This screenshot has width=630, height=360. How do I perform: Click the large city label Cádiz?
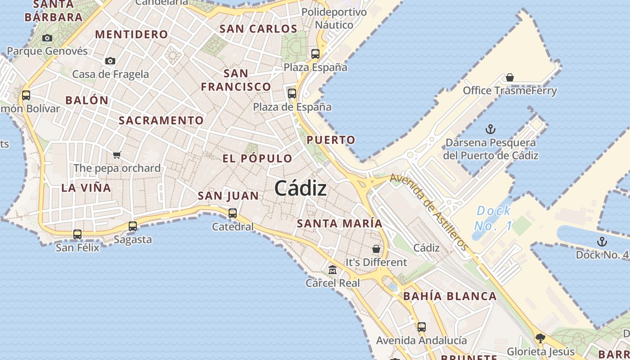(x=301, y=188)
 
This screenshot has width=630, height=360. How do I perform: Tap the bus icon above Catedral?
(x=233, y=213)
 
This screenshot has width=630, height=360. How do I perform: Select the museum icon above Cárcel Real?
(x=333, y=270)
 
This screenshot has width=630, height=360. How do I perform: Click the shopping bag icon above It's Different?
(x=376, y=249)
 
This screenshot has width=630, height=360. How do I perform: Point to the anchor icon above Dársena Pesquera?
(x=490, y=130)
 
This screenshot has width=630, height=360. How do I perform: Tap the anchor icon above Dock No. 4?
(x=602, y=242)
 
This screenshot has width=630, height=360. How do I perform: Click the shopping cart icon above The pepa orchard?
(x=117, y=155)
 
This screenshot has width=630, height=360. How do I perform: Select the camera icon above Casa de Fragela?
(x=110, y=61)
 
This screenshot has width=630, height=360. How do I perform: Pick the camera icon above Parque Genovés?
(x=47, y=38)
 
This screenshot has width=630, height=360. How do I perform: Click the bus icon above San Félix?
(x=77, y=234)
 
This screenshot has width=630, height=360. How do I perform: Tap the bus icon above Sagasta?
(x=133, y=226)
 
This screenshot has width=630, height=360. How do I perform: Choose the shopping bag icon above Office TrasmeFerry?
(x=510, y=77)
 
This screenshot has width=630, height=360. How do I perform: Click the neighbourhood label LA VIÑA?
(x=86, y=188)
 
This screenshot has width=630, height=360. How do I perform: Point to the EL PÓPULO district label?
(x=257, y=158)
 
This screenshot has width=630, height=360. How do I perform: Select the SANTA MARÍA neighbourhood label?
(x=340, y=223)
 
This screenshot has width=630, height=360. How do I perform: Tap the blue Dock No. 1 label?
(x=494, y=218)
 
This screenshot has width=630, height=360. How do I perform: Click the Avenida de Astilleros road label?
(x=428, y=211)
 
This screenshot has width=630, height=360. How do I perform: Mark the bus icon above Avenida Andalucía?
(x=422, y=327)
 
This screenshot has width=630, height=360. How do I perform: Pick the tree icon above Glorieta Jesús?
(x=540, y=338)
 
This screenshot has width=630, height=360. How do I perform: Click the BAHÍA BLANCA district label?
(x=450, y=296)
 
